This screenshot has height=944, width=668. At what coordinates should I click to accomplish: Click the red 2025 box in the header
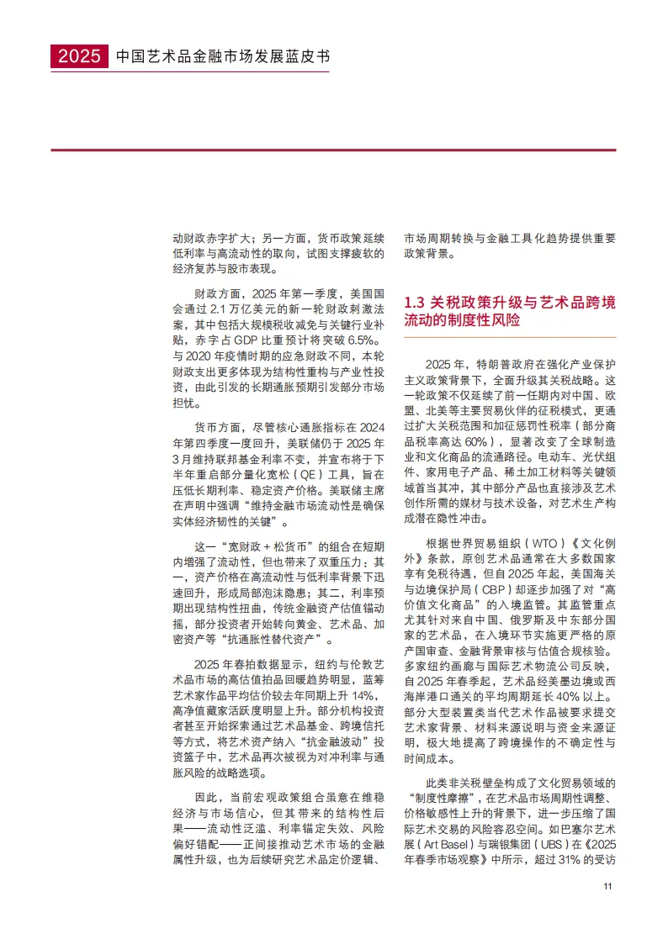[79, 56]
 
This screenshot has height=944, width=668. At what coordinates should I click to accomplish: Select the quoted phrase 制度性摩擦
[448, 794]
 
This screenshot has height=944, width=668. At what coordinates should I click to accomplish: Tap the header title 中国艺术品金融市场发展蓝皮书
[222, 57]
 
